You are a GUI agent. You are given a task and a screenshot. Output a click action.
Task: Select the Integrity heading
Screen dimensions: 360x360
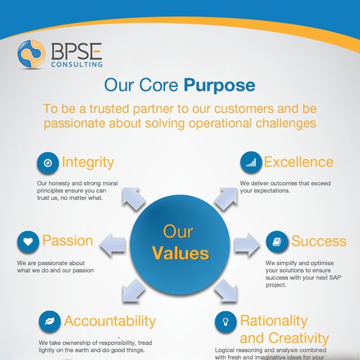pos(88,162)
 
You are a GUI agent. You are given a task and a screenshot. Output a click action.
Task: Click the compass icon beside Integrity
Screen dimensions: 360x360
pos(48,163)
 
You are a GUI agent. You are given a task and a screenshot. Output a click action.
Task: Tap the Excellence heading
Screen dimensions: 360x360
pos(298,162)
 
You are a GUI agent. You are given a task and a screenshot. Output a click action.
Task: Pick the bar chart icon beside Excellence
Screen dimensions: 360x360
pos(250,163)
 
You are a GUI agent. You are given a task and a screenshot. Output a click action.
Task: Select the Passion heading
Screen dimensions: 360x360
pos(68,240)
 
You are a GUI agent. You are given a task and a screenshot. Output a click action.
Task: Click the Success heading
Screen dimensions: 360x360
pos(318,240)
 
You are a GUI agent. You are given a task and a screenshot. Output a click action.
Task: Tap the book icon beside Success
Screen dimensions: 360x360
pos(276,241)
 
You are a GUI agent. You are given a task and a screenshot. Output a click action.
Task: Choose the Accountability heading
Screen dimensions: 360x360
pos(109,320)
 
